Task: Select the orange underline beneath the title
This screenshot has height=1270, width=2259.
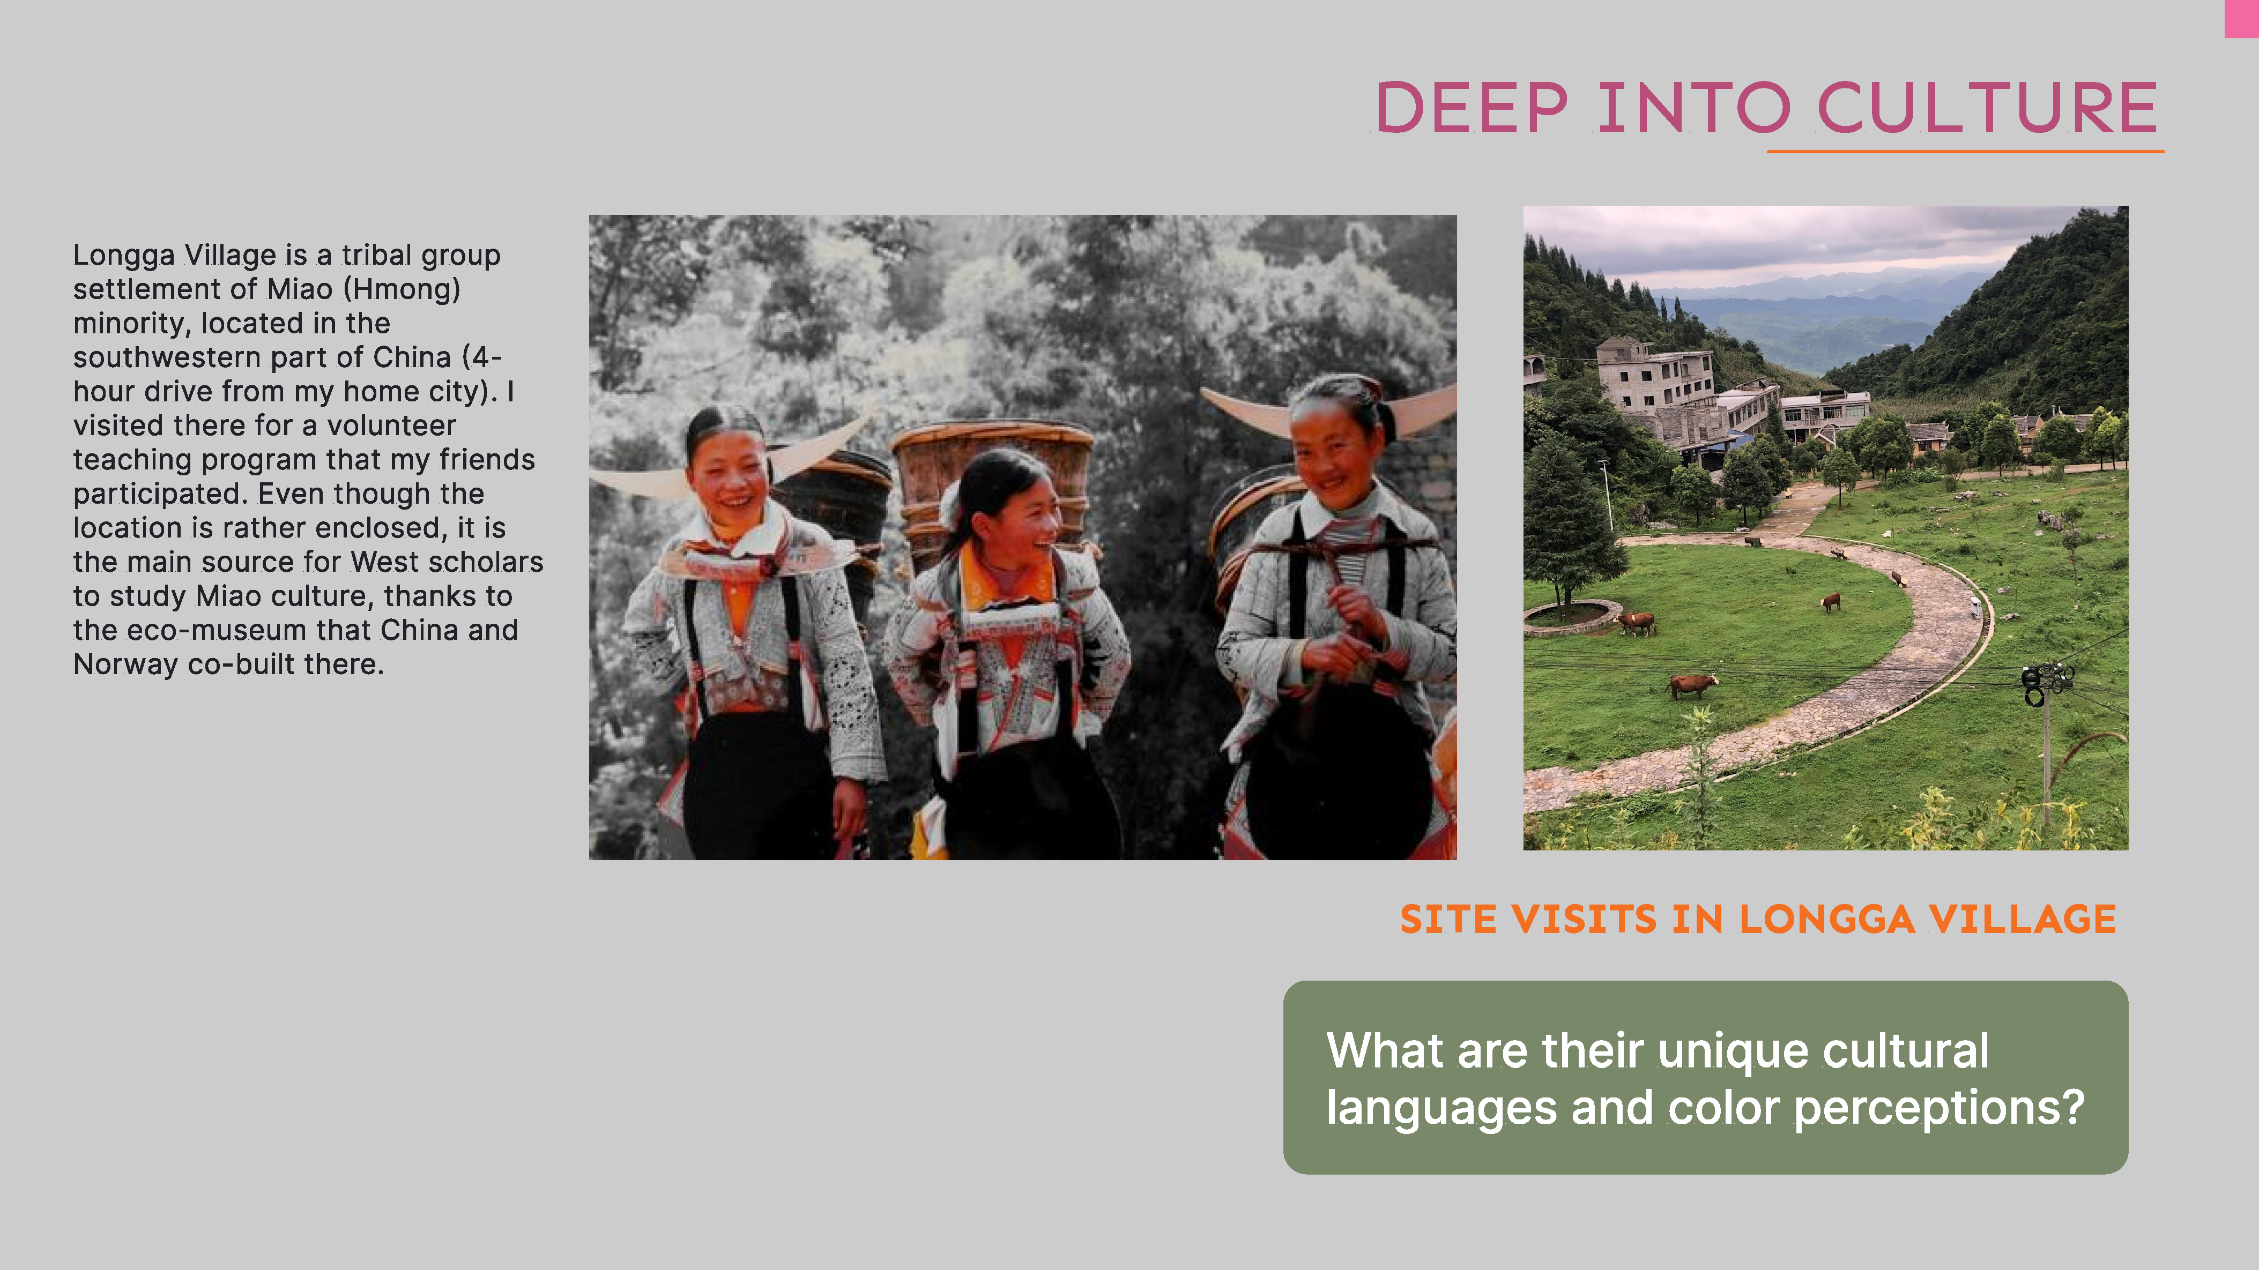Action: click(1965, 152)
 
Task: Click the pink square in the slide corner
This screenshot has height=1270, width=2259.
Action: click(2241, 18)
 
